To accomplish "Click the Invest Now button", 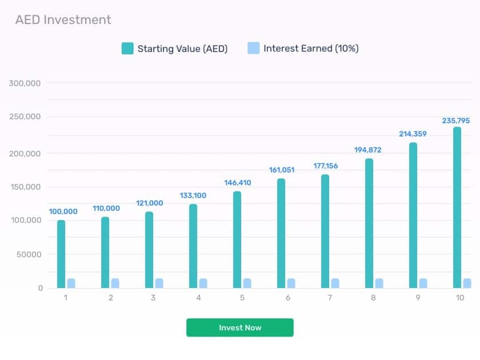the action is pos(239,327).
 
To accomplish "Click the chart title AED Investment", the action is pos(63,20).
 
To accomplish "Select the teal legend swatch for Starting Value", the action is pos(127,49).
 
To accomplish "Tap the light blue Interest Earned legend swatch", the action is pos(254,48).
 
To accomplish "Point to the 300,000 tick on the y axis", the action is pos(25,83).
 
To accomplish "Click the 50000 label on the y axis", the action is pos(29,254).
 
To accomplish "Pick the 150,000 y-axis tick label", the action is pos(25,187).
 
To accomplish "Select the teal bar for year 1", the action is pos(61,254).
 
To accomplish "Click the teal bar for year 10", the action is pos(457,207).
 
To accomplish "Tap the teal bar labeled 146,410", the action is pos(237,239).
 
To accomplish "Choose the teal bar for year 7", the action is pos(325,231).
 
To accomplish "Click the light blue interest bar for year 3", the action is pos(159,283).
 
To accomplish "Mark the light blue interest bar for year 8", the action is pos(379,283).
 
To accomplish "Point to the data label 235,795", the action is pos(456,121).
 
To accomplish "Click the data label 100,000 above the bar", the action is pos(63,211).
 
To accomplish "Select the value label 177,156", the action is pos(325,166).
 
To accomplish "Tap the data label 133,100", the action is pos(193,195).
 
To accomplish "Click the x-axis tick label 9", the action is pos(418,298).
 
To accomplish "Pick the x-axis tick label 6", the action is pos(288,298).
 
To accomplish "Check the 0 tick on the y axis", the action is pos(41,288).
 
